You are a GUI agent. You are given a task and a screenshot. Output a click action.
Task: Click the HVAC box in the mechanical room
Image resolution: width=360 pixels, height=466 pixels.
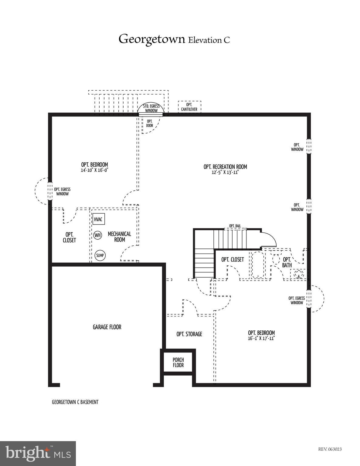point(98,219)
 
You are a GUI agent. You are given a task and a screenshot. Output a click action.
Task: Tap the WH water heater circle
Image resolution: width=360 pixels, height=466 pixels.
point(97,235)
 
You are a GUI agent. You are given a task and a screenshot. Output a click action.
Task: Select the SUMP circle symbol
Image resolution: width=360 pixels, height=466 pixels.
point(100,255)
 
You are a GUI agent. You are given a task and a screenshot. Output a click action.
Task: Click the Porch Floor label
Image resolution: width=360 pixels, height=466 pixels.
point(178,362)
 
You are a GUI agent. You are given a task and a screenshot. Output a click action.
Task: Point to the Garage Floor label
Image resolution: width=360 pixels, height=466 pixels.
point(107,327)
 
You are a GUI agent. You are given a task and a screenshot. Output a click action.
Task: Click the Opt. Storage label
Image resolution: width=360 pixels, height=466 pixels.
point(189,334)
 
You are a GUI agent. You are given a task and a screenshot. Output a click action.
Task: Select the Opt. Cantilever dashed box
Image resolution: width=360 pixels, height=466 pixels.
point(189,107)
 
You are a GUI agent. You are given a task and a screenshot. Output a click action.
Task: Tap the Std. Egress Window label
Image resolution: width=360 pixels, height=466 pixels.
point(151,108)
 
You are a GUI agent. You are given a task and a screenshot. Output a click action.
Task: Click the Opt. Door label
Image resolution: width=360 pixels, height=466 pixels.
point(149,123)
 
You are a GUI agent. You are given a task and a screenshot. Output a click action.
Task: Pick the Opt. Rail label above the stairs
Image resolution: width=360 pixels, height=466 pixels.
point(235,226)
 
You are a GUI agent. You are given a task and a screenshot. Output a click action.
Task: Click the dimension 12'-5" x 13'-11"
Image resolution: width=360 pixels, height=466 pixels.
point(225,173)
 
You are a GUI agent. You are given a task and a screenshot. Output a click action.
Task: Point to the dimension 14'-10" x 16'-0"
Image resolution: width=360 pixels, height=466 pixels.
point(94,170)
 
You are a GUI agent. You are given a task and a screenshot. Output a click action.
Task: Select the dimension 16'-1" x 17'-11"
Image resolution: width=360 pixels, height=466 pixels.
point(261,338)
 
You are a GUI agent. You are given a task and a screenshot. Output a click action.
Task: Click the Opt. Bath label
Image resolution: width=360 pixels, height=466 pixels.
point(287,262)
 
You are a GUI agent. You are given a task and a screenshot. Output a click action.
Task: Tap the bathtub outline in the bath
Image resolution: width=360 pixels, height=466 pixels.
point(258,264)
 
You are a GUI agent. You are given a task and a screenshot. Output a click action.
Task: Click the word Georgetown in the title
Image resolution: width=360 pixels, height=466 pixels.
point(151,39)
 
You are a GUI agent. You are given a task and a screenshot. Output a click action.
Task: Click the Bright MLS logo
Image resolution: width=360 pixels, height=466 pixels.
point(38,454)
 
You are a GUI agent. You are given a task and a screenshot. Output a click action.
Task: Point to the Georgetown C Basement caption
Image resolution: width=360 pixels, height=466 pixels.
point(75,402)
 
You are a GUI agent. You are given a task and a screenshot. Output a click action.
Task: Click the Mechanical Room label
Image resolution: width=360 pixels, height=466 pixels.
point(119,237)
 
